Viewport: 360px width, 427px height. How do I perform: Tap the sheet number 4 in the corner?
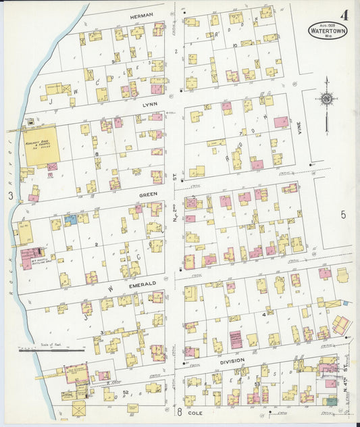344,14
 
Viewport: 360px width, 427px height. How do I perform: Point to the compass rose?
327,99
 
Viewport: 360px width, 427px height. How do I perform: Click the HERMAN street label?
142,15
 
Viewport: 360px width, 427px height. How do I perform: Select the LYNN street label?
149,105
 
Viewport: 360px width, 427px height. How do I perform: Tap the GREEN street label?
149,194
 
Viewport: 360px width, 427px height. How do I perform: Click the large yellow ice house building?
42,144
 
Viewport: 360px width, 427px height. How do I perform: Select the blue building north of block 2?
70,220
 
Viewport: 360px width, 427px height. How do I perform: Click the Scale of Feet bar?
51,350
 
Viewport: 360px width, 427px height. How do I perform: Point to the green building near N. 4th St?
332,401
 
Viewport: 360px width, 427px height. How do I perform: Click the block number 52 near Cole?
126,392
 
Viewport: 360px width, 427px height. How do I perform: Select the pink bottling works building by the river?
30,257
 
